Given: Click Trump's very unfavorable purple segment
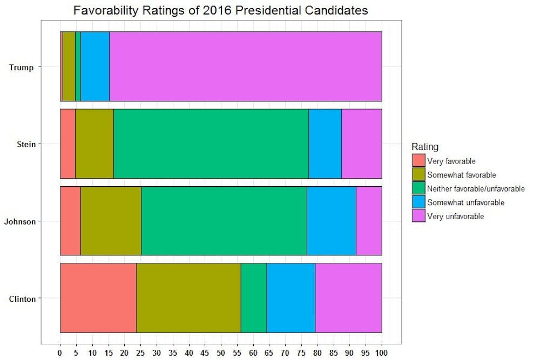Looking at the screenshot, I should pyautogui.click(x=246, y=66).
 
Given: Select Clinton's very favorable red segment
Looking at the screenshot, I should pyautogui.click(x=98, y=298).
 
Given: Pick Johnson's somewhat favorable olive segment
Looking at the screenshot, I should pyautogui.click(x=111, y=221).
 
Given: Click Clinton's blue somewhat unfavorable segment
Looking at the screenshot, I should pyautogui.click(x=291, y=298).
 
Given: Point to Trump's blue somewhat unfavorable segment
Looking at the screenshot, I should pyautogui.click(x=95, y=66).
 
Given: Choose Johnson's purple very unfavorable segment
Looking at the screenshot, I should pyautogui.click(x=369, y=221).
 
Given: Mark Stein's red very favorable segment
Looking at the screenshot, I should pyautogui.click(x=67, y=144).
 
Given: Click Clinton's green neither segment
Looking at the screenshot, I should pyautogui.click(x=253, y=298).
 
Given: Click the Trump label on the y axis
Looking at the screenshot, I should pyautogui.click(x=22, y=67).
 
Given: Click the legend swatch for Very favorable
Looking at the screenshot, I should pyautogui.click(x=418, y=160).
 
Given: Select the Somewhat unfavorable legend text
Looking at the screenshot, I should pyautogui.click(x=465, y=202).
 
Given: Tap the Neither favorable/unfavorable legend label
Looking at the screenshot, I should pyautogui.click(x=476, y=188).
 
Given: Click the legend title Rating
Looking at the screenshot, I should pyautogui.click(x=425, y=147).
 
